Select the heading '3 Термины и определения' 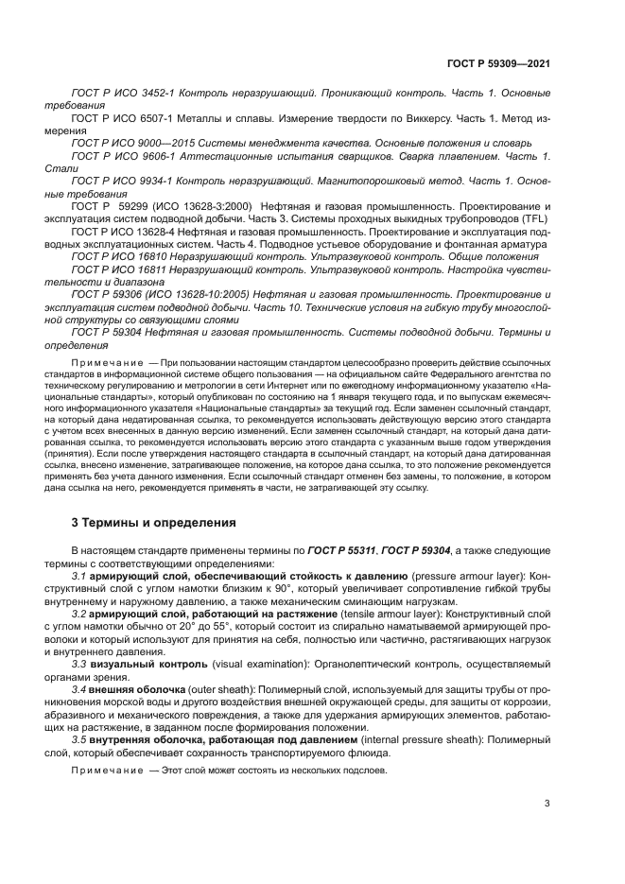coord(148,522)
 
